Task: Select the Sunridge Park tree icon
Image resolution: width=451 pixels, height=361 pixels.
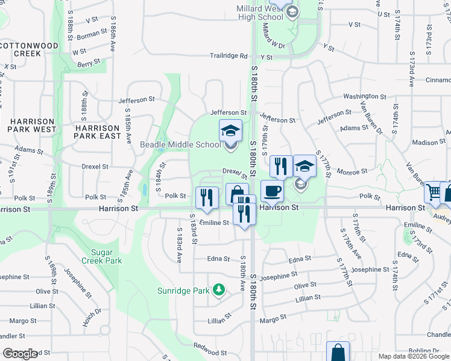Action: coord(218,291)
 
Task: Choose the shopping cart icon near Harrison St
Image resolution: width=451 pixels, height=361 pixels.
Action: coord(433,193)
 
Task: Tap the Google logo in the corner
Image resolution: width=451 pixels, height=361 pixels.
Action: coord(20,354)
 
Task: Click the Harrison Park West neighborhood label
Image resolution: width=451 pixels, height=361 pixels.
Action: coord(32,125)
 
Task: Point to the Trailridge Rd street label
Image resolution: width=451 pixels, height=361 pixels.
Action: coord(229,56)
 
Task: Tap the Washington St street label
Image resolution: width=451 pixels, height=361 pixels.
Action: coord(365,96)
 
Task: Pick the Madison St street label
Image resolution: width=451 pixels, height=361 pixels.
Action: coord(429,143)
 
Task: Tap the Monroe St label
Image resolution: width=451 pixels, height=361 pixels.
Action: coord(352,171)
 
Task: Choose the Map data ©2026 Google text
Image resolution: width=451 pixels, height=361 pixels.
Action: coord(413,356)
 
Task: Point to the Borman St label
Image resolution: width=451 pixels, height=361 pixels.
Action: coord(92,35)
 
